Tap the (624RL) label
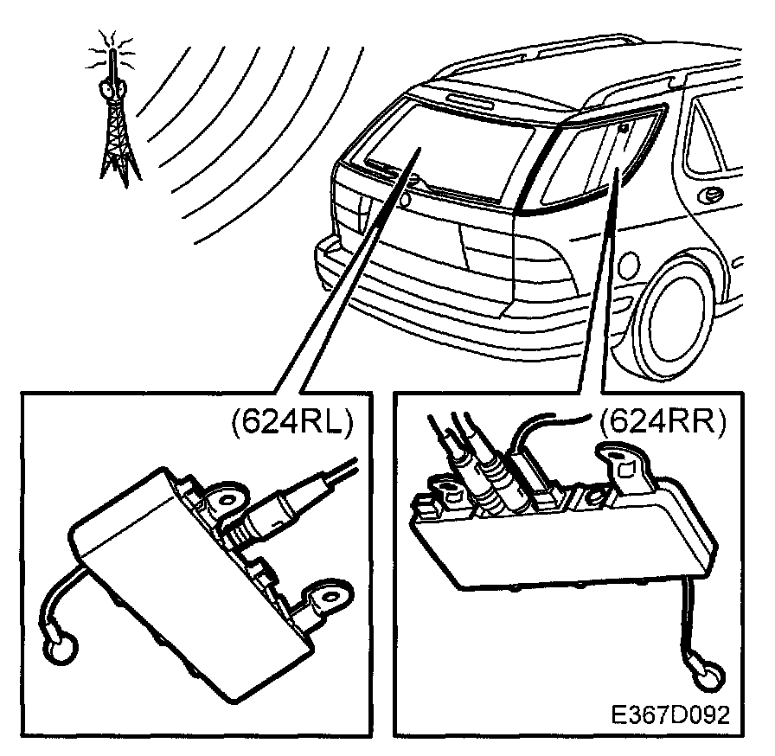[292, 421]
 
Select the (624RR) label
[663, 421]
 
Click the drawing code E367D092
[670, 714]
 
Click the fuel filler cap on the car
[628, 266]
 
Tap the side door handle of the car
[710, 196]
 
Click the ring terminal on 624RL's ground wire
[61, 648]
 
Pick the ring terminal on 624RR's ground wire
[708, 675]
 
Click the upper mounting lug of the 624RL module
[227, 500]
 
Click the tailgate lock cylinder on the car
[406, 200]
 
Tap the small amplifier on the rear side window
[624, 129]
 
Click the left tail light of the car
[350, 208]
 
